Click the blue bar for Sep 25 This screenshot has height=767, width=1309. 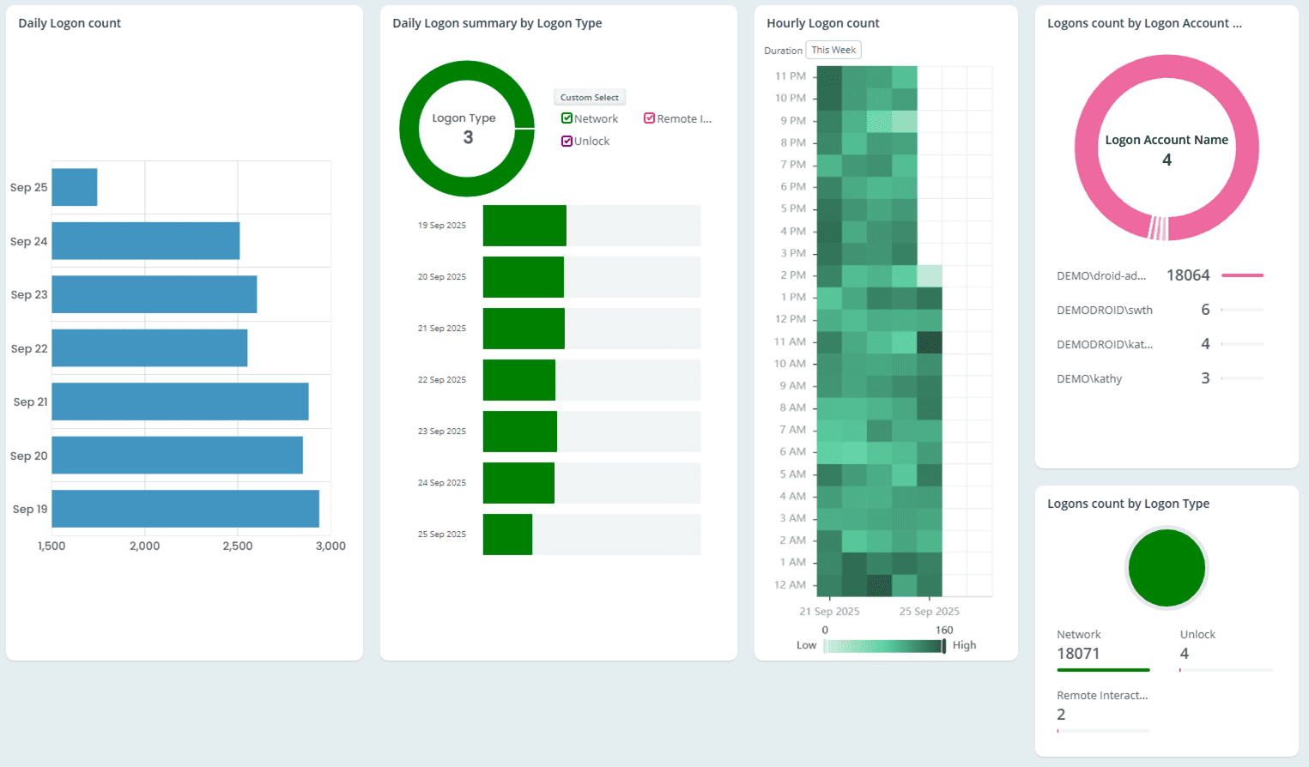tap(75, 187)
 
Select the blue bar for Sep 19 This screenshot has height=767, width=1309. tap(185, 509)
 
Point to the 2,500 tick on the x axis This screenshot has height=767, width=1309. tap(238, 546)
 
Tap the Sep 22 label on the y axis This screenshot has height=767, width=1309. tap(29, 348)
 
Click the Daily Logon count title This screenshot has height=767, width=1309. tap(70, 23)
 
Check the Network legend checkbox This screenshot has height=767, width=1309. tap(567, 118)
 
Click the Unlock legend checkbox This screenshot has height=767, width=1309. tap(567, 141)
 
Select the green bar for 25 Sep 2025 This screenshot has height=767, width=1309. tap(507, 534)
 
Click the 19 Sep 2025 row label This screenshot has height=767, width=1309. tap(441, 226)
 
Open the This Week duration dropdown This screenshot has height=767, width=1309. tap(833, 50)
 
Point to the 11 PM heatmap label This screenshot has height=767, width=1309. tap(790, 75)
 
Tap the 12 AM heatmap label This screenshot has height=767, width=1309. tap(790, 584)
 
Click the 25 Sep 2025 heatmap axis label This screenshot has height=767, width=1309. tap(929, 612)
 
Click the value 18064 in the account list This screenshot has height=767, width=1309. tap(1188, 275)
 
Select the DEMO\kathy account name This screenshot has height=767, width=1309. tap(1089, 378)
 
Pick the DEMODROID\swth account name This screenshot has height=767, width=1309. tap(1104, 310)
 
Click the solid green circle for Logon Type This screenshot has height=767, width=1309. tap(1167, 568)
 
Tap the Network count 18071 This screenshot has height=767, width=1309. tap(1078, 654)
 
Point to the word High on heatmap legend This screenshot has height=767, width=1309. tap(964, 645)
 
